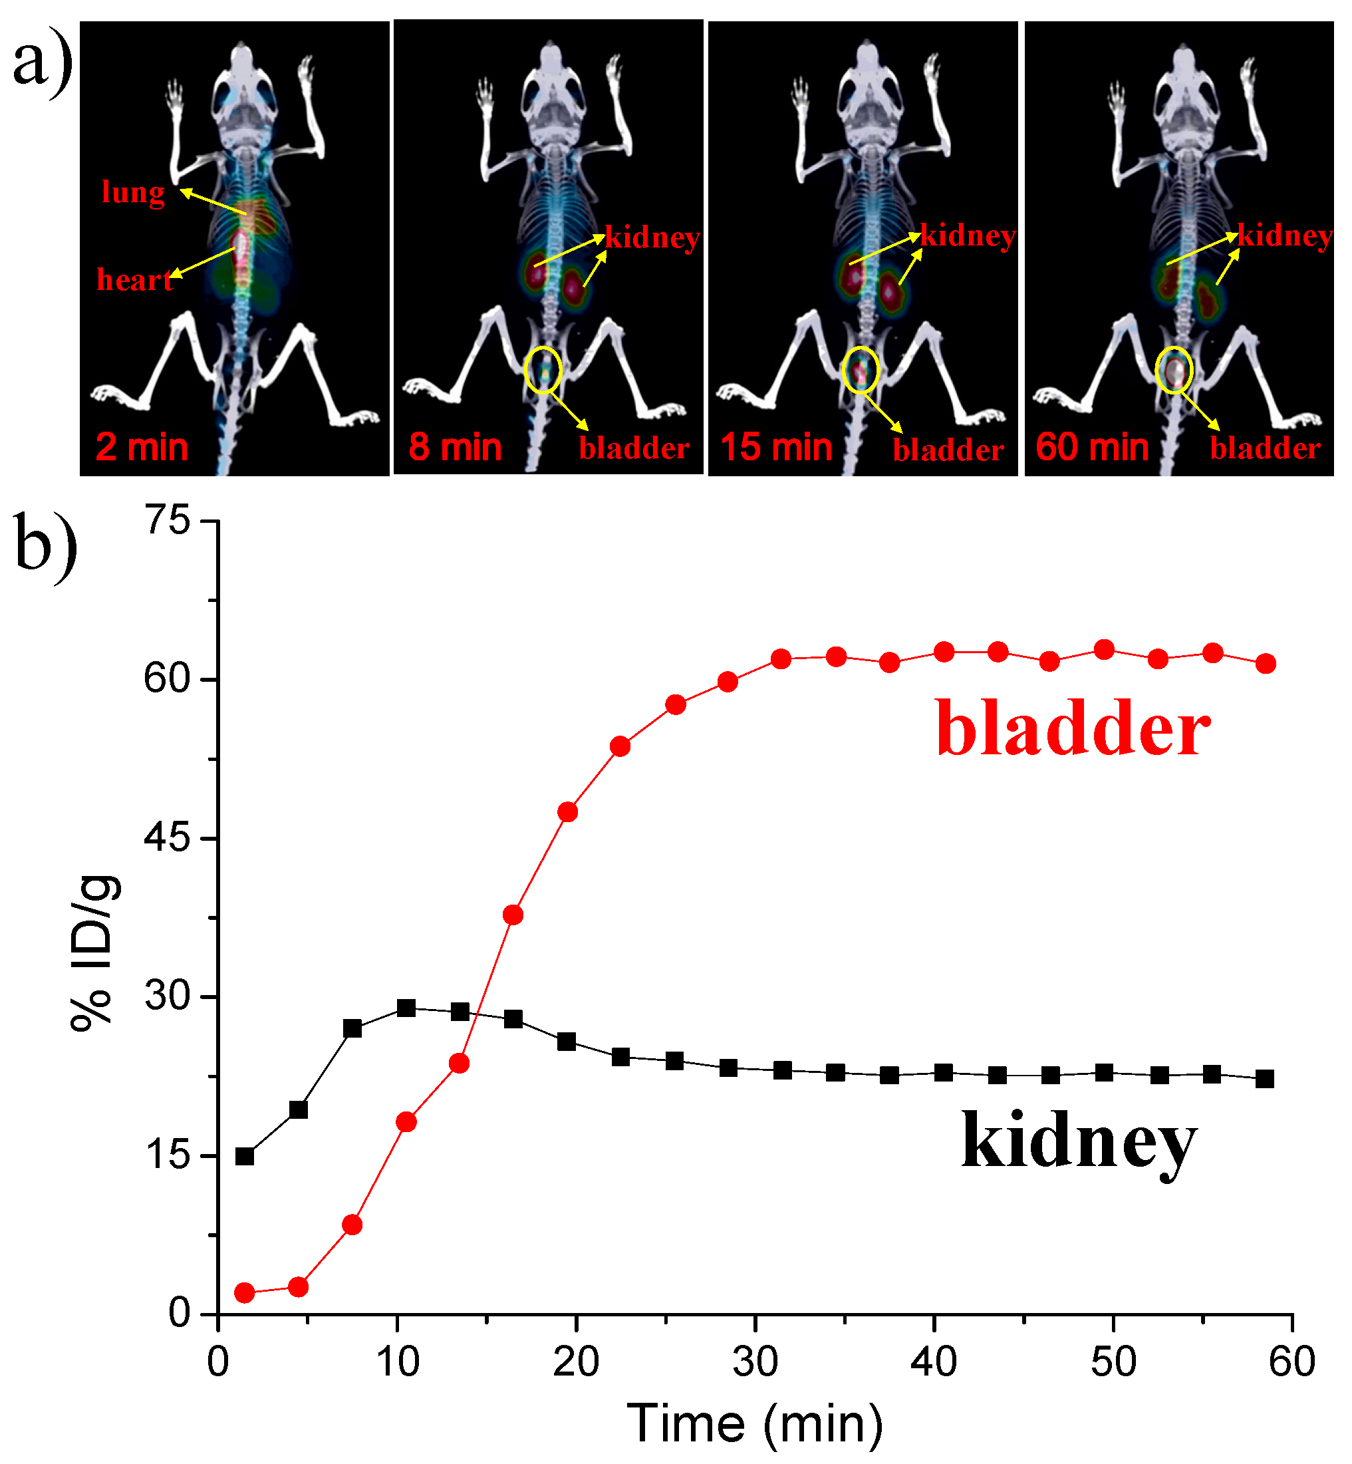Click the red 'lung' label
tap(133, 193)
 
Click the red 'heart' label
tap(134, 280)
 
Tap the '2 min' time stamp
tap(142, 447)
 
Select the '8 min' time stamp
tap(455, 447)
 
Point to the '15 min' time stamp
tap(776, 447)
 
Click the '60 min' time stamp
tap(1092, 447)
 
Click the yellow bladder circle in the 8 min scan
tap(543, 370)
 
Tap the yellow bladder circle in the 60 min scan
tap(1174, 370)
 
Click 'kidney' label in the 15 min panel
tap(968, 236)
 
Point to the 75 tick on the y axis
tap(168, 521)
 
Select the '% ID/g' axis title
tap(94, 951)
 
